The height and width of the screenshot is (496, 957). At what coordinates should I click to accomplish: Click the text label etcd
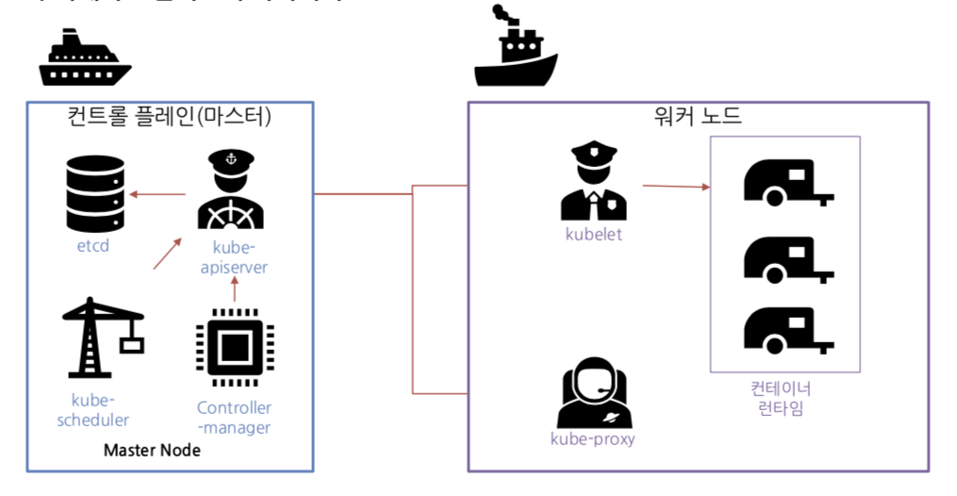[x=93, y=247]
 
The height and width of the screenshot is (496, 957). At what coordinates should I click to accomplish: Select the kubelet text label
[x=593, y=235]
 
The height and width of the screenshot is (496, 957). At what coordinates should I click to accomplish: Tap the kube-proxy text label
[x=592, y=439]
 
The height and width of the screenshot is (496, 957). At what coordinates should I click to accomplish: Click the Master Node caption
[x=152, y=451]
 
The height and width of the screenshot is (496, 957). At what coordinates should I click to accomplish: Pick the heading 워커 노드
[x=698, y=117]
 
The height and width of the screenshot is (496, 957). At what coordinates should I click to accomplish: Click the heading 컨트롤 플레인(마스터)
[x=170, y=116]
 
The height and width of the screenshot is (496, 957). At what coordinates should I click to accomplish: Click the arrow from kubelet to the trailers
[x=675, y=187]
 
